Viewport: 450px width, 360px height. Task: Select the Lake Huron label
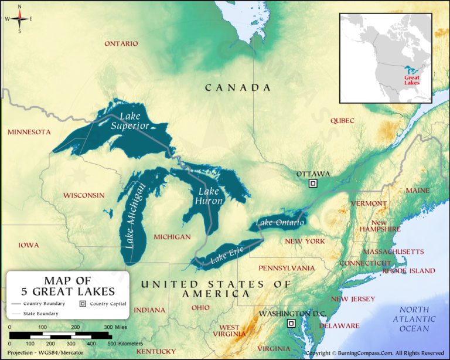point(209,196)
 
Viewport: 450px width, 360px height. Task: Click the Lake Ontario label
point(280,223)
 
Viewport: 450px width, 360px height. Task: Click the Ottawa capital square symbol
point(313,184)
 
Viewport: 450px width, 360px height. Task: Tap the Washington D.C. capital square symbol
point(291,324)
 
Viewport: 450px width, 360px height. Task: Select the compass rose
point(19,19)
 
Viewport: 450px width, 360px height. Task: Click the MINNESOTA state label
point(29,132)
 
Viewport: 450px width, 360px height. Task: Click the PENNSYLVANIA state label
point(287,267)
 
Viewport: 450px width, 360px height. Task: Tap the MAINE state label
point(417,191)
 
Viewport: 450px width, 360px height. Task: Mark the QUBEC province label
point(342,121)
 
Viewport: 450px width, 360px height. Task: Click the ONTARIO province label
point(121,43)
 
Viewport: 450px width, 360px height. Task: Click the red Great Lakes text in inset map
point(412,79)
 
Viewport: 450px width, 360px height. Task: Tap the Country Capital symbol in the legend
point(83,304)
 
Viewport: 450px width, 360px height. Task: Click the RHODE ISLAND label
point(408,271)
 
